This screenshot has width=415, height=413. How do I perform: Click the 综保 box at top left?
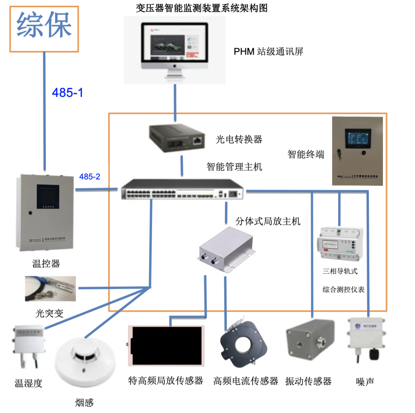(x=44, y=28)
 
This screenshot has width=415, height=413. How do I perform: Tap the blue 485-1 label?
(x=67, y=93)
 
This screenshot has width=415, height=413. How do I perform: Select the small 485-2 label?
(x=90, y=177)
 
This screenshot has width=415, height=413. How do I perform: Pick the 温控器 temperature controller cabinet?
(x=45, y=213)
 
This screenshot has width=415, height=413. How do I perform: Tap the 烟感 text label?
(x=84, y=402)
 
